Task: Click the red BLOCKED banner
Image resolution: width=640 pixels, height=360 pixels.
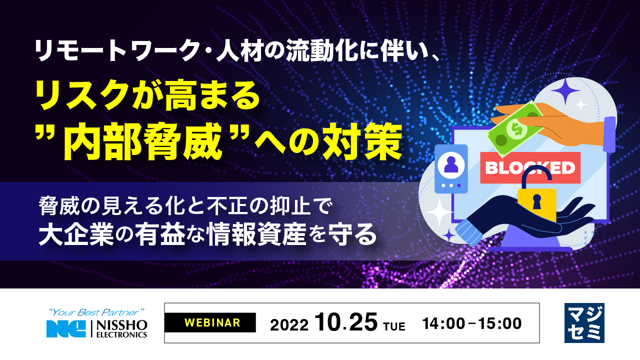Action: pos(530,167)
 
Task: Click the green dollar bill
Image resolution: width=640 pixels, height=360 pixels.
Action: pos(515,129)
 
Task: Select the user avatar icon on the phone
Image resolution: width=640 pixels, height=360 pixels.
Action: pos(451,165)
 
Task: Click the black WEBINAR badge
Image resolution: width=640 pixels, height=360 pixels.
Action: pos(210,322)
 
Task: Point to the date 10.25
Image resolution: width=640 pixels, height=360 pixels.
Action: pos(346,322)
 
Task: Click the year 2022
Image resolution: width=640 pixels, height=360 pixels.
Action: pos(289,325)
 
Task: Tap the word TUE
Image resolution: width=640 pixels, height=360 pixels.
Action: pos(394,326)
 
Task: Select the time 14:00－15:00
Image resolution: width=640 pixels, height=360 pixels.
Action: pos(472,323)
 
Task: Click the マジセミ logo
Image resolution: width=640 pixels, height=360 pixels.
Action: pos(584,323)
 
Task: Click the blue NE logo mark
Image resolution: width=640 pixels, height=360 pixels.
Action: pos(66,329)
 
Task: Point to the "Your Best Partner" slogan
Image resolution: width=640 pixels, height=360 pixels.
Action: pos(96,312)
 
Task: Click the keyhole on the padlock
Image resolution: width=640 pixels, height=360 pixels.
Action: pos(537,201)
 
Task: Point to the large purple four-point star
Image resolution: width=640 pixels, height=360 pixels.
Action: pos(565,91)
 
